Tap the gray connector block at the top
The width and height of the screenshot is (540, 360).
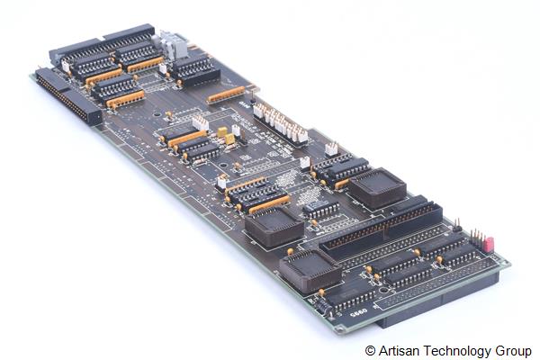point(171,44)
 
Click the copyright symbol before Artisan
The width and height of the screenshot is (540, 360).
point(370,350)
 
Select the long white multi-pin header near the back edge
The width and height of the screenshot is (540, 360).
point(280,122)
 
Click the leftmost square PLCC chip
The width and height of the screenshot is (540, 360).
point(274,225)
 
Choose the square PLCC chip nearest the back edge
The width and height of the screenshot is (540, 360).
point(377,187)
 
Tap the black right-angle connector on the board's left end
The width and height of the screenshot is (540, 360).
point(69,96)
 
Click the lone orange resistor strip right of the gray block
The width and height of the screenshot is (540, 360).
point(225,94)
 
